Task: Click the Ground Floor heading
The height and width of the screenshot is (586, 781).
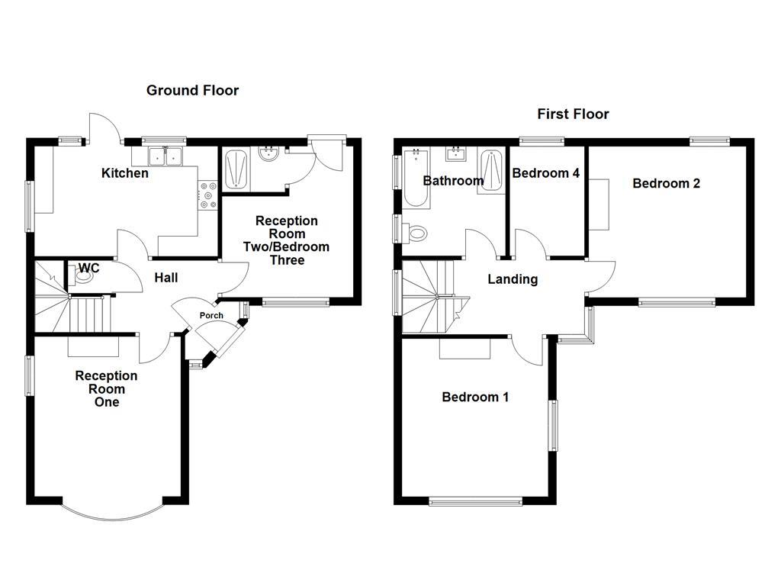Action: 192,91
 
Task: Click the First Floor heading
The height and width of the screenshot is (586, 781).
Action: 573,114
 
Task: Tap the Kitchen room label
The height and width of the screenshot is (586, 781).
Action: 125,173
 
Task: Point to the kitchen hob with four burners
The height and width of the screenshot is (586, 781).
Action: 208,195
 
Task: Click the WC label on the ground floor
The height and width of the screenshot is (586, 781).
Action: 88,268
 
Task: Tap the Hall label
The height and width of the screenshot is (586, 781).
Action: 166,278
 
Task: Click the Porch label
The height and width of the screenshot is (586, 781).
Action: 211,316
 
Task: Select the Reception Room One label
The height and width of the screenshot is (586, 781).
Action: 106,388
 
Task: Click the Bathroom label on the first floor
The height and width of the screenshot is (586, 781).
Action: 453,181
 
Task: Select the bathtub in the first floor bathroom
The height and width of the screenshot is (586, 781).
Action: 416,178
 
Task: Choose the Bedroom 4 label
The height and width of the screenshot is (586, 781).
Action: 545,173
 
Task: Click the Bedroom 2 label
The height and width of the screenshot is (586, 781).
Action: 666,183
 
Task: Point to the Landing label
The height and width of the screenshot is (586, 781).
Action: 513,279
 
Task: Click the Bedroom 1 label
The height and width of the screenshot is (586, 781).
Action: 475,397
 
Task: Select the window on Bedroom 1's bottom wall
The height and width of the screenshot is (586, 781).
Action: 475,501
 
